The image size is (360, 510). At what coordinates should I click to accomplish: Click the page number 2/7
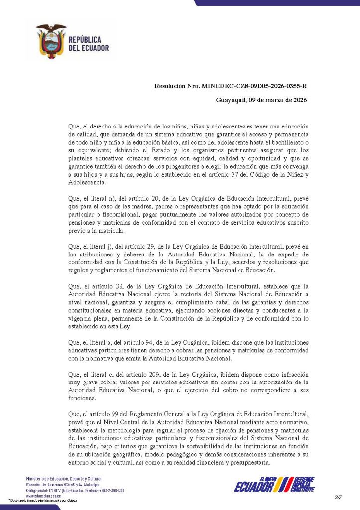[x=339, y=498]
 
